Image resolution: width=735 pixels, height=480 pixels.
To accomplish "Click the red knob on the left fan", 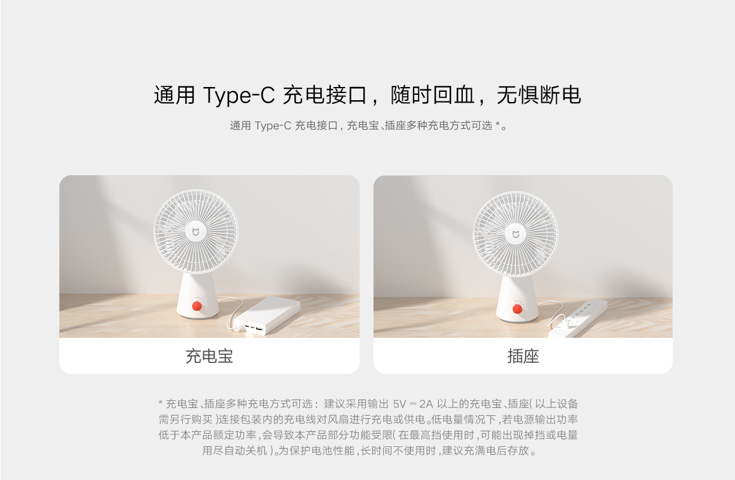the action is (197, 306).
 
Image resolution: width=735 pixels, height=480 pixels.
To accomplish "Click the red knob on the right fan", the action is (517, 309).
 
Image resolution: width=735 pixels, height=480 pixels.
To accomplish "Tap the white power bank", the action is (266, 315).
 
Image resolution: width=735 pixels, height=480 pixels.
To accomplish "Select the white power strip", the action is (578, 319).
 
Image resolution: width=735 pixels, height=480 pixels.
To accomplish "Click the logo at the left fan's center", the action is (195, 232).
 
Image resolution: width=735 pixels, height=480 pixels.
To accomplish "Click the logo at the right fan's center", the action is (516, 235).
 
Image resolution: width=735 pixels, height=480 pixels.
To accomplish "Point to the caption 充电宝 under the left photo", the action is (209, 356).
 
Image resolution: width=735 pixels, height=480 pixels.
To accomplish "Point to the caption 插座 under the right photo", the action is (523, 356).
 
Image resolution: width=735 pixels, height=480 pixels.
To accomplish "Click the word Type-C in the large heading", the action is (239, 95).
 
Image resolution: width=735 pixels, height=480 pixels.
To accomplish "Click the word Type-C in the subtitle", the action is (273, 126).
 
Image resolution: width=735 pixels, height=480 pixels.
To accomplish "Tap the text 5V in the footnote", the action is (399, 404).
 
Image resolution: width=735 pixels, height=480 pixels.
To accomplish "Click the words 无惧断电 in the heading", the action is (539, 95).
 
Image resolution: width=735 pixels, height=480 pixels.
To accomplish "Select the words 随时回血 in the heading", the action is (432, 95).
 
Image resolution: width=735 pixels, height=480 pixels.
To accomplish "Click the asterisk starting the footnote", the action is (161, 402).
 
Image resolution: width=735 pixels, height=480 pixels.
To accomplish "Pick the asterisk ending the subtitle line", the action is (498, 124).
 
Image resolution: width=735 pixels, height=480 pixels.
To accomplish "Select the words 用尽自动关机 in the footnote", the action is (234, 451).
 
